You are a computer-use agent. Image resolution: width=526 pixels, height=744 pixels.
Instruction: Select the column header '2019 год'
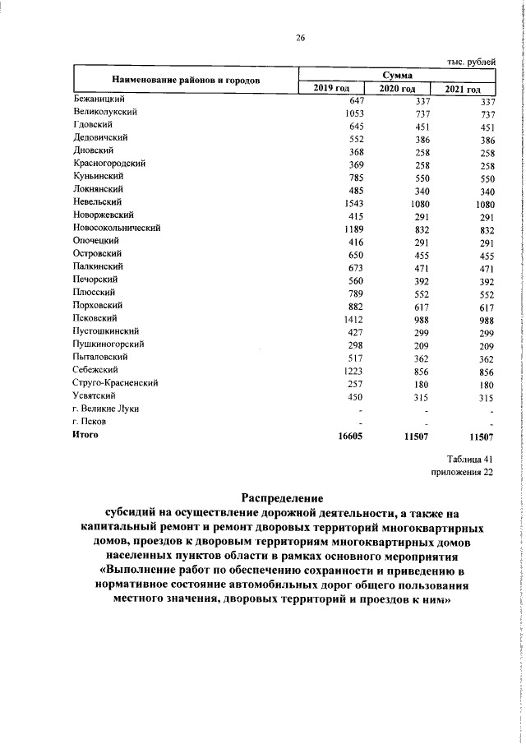332,89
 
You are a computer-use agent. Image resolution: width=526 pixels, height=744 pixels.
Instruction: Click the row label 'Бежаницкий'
99,99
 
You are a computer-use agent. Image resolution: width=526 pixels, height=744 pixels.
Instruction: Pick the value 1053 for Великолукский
354,112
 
